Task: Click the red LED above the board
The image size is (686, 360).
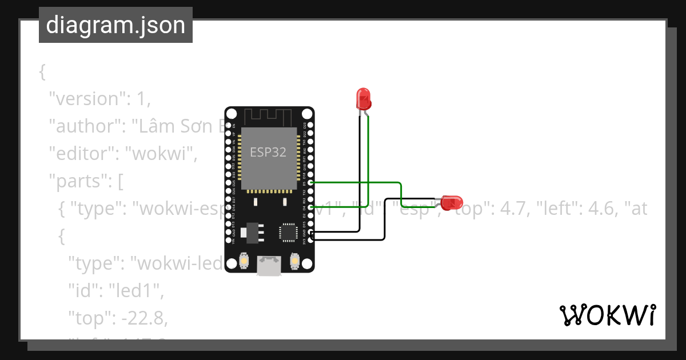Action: pyautogui.click(x=363, y=98)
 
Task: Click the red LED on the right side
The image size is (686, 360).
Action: pyautogui.click(x=452, y=202)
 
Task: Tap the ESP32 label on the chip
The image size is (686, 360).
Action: pyautogui.click(x=268, y=152)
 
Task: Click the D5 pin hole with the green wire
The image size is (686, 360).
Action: pyautogui.click(x=311, y=182)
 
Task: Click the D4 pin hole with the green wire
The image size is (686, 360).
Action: pyautogui.click(x=311, y=207)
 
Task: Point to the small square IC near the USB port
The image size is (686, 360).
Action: pyautogui.click(x=288, y=232)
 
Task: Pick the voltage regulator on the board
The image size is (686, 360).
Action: pyautogui.click(x=249, y=231)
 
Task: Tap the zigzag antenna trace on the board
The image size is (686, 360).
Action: pyautogui.click(x=269, y=116)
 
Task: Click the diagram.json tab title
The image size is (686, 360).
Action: pyautogui.click(x=115, y=25)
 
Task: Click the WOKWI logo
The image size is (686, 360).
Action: pyautogui.click(x=607, y=315)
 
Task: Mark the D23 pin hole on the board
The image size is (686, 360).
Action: pyautogui.click(x=311, y=125)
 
